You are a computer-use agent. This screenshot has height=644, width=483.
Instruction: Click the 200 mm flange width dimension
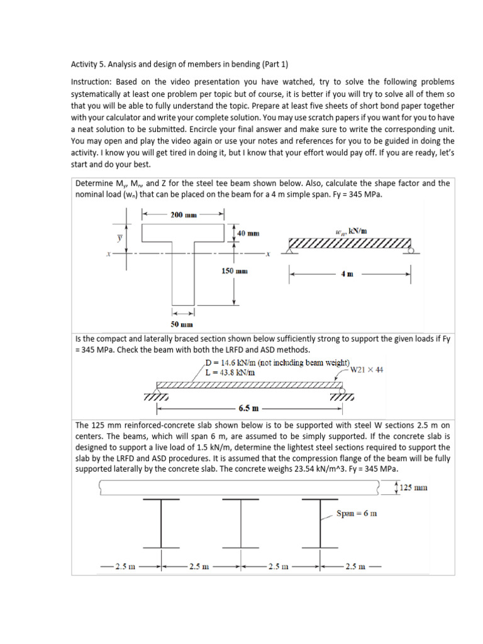point(184,214)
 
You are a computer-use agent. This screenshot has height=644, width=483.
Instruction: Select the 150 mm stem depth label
point(236,271)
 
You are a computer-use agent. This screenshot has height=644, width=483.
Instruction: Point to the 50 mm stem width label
point(182,325)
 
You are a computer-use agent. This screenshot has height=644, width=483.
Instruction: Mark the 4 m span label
point(347,274)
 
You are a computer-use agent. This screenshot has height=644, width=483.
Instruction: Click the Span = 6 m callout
point(357,513)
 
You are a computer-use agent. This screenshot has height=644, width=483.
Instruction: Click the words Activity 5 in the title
point(89,64)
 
